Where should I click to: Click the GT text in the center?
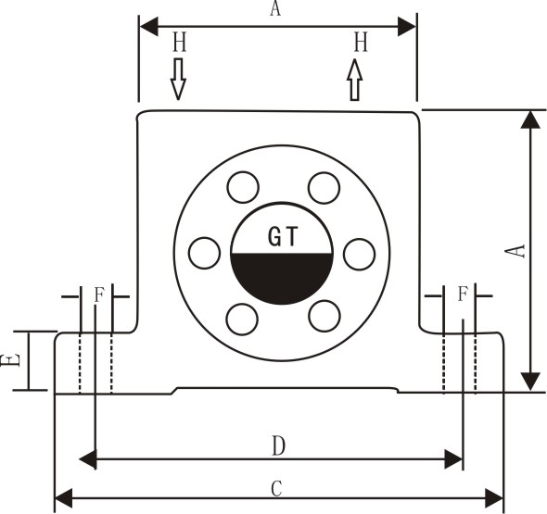pyautogui.click(x=283, y=236)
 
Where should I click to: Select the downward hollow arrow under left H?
pyautogui.click(x=178, y=79)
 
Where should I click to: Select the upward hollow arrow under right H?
pyautogui.click(x=355, y=80)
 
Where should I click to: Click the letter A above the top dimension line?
pyautogui.click(x=275, y=8)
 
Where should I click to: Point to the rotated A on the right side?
pyautogui.click(x=516, y=251)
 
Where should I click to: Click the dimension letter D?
pyautogui.click(x=278, y=446)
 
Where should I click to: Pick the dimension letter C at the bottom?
pyautogui.click(x=276, y=489)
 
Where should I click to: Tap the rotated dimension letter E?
pyautogui.click(x=9, y=360)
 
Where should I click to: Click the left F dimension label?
pyautogui.click(x=99, y=295)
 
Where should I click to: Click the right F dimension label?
pyautogui.click(x=463, y=295)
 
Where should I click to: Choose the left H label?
pyautogui.click(x=180, y=43)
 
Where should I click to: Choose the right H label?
pyautogui.click(x=361, y=43)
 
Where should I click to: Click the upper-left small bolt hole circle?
pyautogui.click(x=243, y=187)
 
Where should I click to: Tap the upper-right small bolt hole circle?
pyautogui.click(x=324, y=188)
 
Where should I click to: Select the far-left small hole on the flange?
pyautogui.click(x=204, y=253)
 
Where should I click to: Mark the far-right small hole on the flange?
pyautogui.click(x=360, y=254)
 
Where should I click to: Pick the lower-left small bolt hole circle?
pyautogui.click(x=242, y=320)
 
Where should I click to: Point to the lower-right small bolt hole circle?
pyautogui.click(x=324, y=316)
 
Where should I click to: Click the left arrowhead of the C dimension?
pyautogui.click(x=64, y=498)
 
